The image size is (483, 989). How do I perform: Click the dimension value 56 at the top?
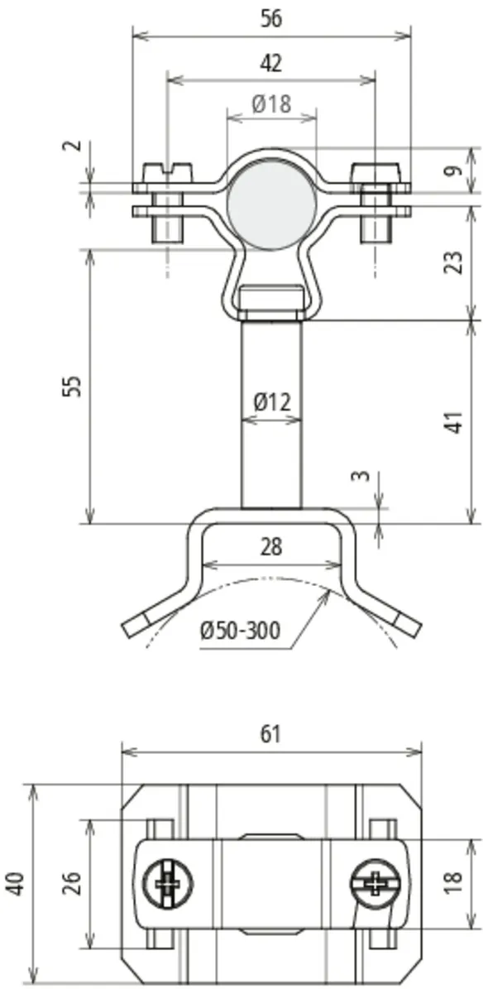pyautogui.click(x=271, y=18)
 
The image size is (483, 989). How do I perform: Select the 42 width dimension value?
pyautogui.click(x=271, y=63)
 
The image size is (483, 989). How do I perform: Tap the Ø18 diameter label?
pyautogui.click(x=272, y=104)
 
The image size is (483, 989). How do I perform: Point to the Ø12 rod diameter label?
pyautogui.click(x=272, y=401)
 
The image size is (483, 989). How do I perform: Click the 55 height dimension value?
pyautogui.click(x=74, y=386)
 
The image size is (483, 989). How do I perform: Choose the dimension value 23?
pyautogui.click(x=456, y=262)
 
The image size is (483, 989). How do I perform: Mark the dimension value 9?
pyautogui.click(x=456, y=170)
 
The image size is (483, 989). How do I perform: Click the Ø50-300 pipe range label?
pyautogui.click(x=240, y=630)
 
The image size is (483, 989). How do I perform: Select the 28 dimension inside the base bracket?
pyautogui.click(x=271, y=547)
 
